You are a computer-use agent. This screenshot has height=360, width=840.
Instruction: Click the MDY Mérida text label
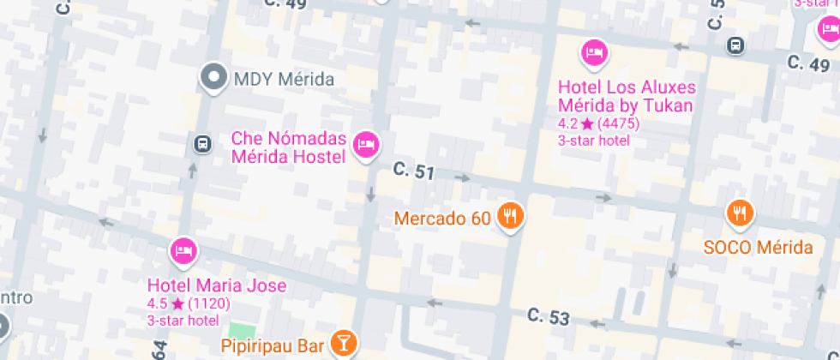[284, 80]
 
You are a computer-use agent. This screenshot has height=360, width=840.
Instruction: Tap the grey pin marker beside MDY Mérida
[213, 77]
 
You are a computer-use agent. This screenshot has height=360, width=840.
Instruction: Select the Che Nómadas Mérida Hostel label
[288, 147]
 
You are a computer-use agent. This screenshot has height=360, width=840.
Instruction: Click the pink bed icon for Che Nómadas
[368, 143]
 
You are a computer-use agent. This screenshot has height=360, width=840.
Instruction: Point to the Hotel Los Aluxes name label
[627, 96]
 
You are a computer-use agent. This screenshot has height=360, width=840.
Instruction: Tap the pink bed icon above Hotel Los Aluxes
[595, 53]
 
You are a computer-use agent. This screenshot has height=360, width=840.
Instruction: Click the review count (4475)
[619, 124]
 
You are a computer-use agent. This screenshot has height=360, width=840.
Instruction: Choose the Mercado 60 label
[442, 219]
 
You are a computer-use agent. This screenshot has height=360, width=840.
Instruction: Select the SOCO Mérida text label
[758, 248]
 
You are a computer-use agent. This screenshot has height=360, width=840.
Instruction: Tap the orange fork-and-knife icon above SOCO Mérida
[739, 213]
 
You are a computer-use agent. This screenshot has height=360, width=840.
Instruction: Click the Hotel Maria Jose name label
[217, 285]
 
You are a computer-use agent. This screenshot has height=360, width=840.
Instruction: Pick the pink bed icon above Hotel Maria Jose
[183, 251]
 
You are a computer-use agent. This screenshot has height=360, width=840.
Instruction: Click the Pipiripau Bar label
[273, 346]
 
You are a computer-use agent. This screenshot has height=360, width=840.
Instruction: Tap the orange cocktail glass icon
[343, 344]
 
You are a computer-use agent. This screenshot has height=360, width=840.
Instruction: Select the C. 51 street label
[414, 171]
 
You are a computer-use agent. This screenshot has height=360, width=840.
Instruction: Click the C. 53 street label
[549, 316]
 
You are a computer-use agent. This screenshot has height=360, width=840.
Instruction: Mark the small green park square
[243, 330]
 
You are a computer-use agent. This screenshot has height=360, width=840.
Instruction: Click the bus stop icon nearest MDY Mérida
[202, 144]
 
